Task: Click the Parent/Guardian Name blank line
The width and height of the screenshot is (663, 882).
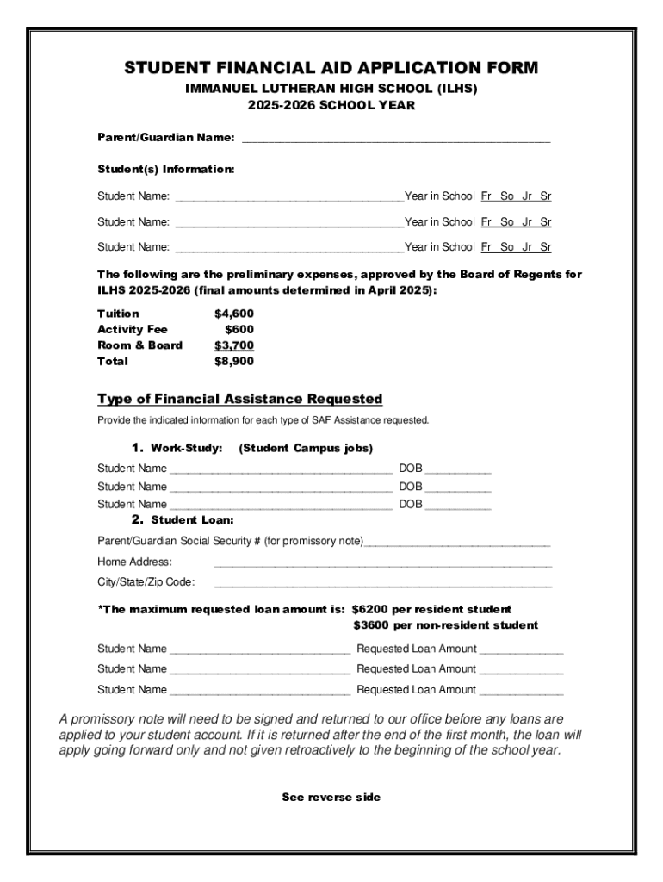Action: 396,140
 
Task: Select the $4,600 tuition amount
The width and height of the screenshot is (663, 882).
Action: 233,314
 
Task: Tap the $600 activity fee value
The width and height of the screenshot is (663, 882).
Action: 239,329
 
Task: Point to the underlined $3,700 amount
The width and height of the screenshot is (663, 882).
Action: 233,345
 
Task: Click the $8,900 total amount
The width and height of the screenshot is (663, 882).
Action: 233,362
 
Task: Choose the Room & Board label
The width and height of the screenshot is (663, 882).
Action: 139,345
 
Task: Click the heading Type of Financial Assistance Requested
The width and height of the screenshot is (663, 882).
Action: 239,400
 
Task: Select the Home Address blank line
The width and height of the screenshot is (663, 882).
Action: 382,565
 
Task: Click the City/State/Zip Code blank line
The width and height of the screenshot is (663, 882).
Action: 382,585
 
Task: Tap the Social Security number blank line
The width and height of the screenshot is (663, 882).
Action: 457,544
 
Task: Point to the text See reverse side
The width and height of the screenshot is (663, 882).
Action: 331,798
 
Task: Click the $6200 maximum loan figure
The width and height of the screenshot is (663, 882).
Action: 371,609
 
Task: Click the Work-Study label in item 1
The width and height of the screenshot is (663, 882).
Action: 186,449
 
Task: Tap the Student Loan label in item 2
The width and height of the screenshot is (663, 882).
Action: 192,520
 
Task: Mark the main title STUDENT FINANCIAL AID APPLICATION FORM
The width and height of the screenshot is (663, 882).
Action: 331,68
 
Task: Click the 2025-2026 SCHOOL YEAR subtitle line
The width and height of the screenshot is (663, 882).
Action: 331,106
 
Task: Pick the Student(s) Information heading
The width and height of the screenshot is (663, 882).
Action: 165,170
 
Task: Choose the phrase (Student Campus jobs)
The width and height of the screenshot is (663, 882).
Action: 306,449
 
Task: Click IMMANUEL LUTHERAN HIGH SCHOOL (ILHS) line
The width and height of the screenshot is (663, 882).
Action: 331,89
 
